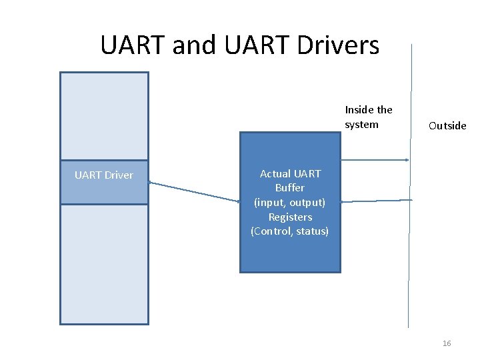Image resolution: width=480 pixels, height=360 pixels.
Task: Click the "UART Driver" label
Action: tap(104, 175)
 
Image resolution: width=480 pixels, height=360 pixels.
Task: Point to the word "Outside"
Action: tap(447, 126)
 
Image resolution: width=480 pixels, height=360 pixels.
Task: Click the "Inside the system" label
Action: tap(368, 117)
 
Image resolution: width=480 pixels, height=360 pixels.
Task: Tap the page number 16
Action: tap(447, 343)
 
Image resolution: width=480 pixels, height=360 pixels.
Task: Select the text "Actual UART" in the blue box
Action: tap(290, 174)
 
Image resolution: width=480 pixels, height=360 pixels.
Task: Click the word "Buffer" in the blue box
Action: tap(290, 188)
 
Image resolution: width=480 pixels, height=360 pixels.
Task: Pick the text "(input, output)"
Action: tap(290, 203)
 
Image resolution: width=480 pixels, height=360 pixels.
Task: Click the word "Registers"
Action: tap(290, 217)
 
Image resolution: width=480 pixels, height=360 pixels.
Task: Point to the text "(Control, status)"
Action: tap(290, 231)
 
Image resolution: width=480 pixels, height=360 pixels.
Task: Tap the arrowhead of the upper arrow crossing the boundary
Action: tap(406, 160)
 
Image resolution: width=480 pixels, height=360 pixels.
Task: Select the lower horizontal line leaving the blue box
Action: tap(373, 200)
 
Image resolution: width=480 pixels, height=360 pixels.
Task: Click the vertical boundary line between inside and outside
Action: tap(409, 267)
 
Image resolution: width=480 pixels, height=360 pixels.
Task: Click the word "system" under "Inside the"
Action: tap(361, 125)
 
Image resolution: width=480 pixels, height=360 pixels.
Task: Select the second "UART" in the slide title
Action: tap(253, 45)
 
